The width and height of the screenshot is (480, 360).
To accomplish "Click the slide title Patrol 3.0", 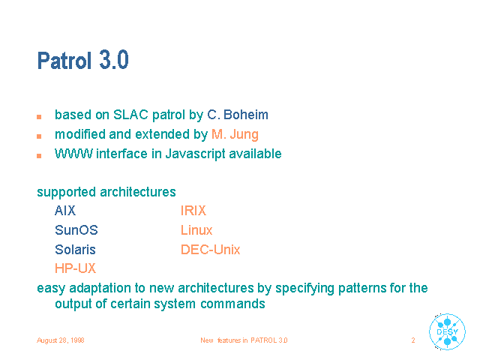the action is (x=82, y=60).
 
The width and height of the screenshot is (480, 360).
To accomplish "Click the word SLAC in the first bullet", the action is (x=130, y=115).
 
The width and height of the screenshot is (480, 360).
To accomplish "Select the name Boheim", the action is (x=246, y=115).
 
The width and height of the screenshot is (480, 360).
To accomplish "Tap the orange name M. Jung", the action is (x=235, y=135).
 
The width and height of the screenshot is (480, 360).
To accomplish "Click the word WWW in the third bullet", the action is (x=73, y=154).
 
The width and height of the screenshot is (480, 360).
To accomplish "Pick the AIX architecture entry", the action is (x=65, y=211).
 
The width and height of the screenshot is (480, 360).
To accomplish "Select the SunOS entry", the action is (x=76, y=230).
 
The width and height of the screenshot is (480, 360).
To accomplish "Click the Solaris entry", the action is (x=75, y=250).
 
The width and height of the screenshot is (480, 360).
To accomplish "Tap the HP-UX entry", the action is (x=75, y=268).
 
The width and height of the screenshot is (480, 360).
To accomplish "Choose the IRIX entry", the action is (x=193, y=211).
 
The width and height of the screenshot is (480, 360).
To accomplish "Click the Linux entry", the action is (x=196, y=230).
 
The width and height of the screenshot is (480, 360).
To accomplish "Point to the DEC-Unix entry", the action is (x=211, y=250).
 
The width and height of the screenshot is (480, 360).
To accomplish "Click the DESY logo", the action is (x=447, y=331).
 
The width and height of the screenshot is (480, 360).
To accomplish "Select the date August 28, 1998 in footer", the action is (x=61, y=340).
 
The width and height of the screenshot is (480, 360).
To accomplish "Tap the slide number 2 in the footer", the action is (x=413, y=340).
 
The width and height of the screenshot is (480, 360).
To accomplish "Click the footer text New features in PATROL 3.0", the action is (x=244, y=340).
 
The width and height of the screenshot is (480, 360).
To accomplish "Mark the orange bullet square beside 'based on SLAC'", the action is (x=39, y=117).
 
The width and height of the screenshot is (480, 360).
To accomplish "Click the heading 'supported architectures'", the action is (x=106, y=192).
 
